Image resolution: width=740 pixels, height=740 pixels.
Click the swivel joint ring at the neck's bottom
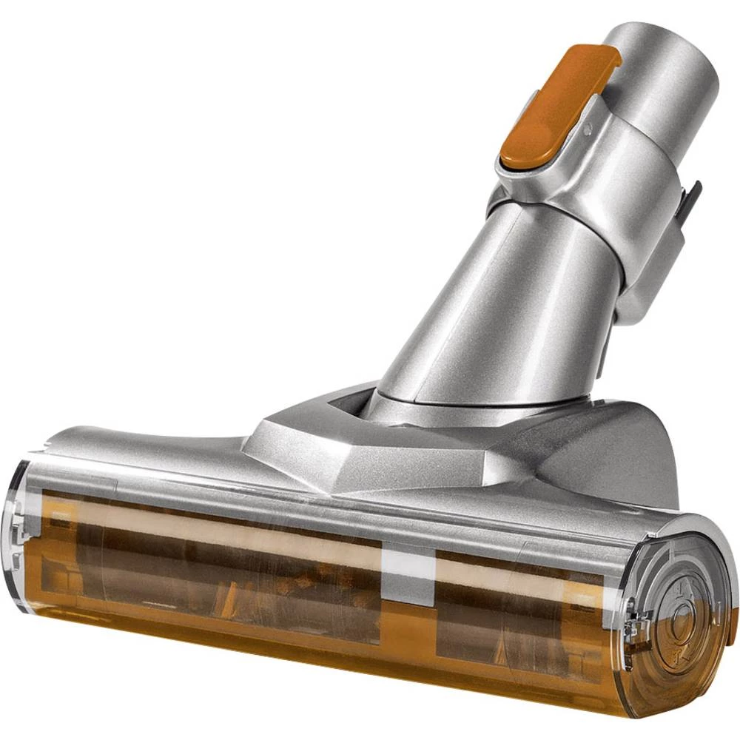click(474, 403)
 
